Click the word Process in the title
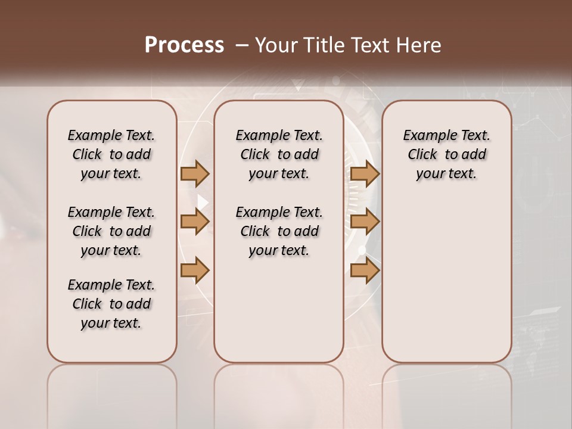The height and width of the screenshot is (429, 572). tap(184, 45)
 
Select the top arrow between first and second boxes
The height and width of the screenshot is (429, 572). tap(195, 173)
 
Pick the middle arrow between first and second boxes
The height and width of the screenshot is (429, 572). tap(195, 222)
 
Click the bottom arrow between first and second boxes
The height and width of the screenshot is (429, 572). tap(195, 271)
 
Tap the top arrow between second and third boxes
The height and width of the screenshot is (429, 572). tap(365, 173)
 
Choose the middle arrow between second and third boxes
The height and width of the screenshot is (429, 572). tap(365, 222)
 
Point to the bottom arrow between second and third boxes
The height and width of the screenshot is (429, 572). tap(365, 271)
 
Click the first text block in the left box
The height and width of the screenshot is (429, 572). tap(111, 154)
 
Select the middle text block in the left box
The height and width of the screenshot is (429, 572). tap(111, 231)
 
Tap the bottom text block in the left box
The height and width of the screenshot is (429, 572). tap(111, 304)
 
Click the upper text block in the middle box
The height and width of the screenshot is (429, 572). tap(279, 154)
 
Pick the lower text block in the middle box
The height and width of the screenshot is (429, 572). tap(279, 231)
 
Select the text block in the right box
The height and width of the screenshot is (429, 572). tap(447, 154)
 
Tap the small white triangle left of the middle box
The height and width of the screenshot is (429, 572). tap(203, 202)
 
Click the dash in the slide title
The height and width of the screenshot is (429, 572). tap(242, 45)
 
